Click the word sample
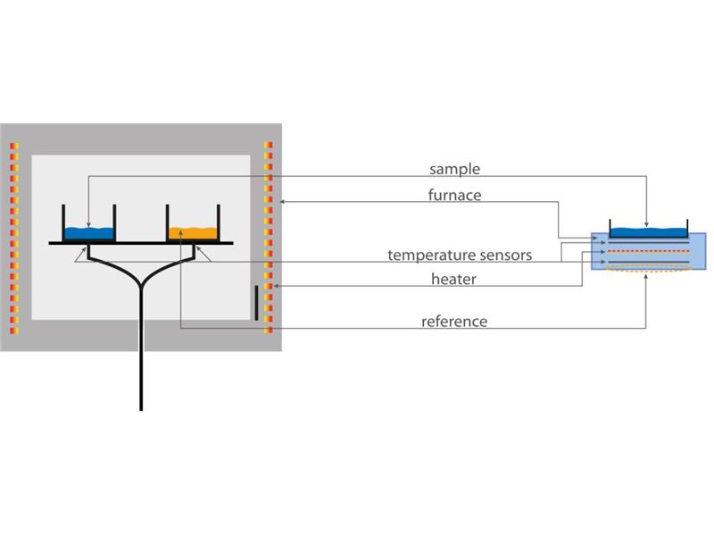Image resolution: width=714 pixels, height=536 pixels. [x=454, y=169]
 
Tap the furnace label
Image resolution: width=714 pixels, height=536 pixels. [x=453, y=194]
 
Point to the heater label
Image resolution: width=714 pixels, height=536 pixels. [x=453, y=279]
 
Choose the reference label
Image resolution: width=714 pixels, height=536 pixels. [x=454, y=321]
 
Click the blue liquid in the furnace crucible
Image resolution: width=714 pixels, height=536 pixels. [x=89, y=233]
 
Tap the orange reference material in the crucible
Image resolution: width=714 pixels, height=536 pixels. [x=194, y=233]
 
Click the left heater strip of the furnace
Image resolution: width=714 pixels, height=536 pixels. [x=14, y=238]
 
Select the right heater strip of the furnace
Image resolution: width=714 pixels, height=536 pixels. [x=268, y=238]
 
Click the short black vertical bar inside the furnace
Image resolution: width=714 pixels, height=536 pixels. [x=256, y=303]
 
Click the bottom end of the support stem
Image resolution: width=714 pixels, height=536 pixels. [x=141, y=407]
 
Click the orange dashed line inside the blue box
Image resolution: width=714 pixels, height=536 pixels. [x=648, y=252]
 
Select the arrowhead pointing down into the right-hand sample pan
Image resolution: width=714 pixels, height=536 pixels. [x=646, y=223]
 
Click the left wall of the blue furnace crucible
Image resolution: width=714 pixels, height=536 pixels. [x=62, y=222]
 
